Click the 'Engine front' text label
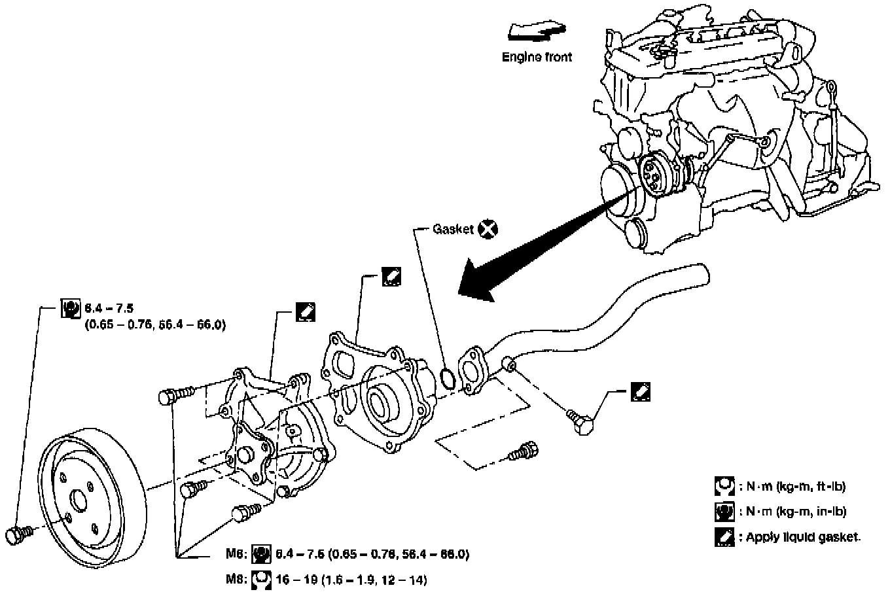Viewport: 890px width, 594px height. (x=537, y=57)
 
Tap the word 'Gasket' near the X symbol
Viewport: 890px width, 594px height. (x=453, y=230)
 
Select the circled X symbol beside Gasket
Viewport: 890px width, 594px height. (x=488, y=229)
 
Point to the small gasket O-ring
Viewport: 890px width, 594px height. (x=448, y=377)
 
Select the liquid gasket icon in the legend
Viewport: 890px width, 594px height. (x=724, y=537)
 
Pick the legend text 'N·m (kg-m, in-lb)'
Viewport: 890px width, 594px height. (x=793, y=512)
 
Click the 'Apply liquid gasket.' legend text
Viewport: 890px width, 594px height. (x=800, y=537)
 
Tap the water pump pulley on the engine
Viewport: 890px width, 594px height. (x=652, y=176)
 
